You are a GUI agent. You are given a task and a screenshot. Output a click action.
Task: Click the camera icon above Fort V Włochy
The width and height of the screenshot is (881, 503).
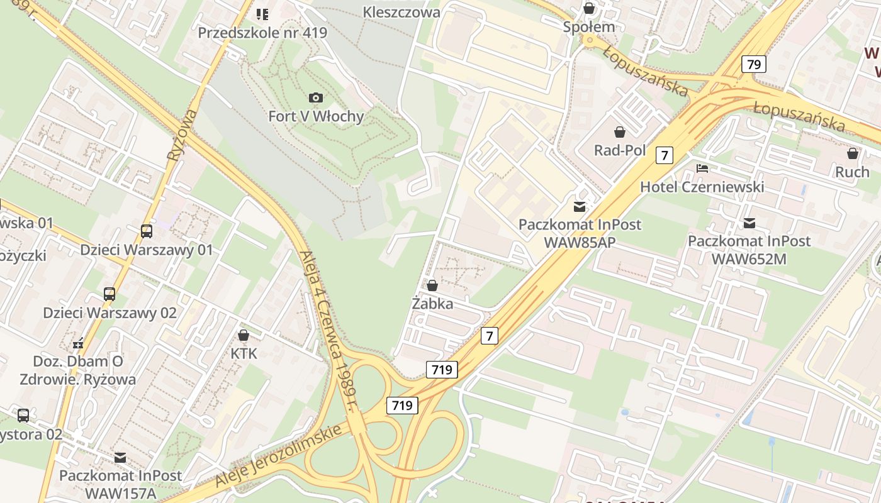(316, 97)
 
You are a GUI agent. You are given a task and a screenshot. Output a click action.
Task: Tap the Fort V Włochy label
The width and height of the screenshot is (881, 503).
(316, 116)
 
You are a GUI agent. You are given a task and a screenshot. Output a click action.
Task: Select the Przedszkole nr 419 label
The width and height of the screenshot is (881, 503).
(262, 32)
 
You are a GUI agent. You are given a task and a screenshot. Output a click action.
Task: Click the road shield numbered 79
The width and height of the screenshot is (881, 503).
(753, 64)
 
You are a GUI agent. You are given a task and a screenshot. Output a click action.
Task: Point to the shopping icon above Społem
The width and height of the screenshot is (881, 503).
(589, 8)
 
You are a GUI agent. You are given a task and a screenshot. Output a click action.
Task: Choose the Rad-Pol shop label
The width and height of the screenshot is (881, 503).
(620, 150)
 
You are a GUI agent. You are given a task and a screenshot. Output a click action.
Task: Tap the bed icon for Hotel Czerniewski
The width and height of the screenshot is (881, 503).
(702, 169)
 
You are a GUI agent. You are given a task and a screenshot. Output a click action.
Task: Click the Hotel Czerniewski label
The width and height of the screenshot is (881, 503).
(702, 187)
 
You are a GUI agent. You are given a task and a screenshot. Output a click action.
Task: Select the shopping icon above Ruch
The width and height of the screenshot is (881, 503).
(853, 153)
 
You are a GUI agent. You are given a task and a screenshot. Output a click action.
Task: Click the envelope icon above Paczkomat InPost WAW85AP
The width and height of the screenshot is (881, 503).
(579, 206)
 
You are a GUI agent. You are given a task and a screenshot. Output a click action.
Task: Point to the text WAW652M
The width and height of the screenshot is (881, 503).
(749, 258)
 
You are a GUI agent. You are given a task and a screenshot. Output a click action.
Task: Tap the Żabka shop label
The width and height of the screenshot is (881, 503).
(432, 304)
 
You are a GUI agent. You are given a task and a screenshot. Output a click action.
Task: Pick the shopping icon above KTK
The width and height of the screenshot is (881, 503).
(244, 335)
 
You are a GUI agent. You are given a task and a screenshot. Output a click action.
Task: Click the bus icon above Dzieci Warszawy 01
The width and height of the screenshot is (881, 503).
(147, 231)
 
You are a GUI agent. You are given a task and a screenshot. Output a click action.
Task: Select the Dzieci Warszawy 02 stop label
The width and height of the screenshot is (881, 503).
(109, 312)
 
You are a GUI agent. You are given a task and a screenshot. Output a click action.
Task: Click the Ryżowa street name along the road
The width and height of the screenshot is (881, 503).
(182, 135)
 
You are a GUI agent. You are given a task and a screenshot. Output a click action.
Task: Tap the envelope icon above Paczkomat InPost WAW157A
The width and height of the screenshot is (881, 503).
(120, 458)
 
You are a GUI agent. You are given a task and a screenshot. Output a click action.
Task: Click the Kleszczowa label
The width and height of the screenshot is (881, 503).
(401, 12)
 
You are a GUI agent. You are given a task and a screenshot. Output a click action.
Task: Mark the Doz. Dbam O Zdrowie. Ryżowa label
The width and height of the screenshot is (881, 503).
(78, 370)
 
